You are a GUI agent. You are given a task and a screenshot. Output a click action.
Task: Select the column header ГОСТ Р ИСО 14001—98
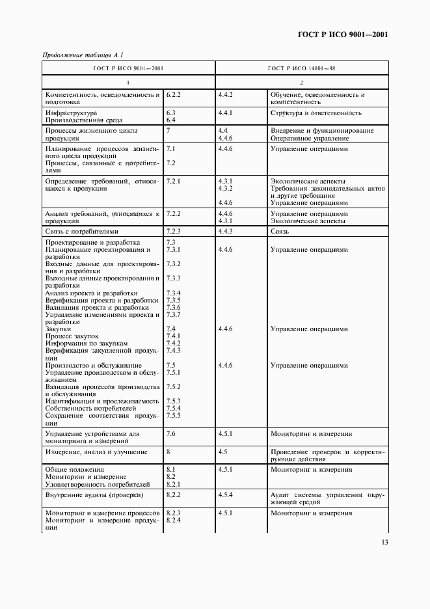coord(301,67)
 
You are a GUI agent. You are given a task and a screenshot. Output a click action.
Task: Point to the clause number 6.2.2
coord(173,94)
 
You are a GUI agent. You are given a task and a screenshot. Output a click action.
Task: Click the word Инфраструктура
coord(70,113)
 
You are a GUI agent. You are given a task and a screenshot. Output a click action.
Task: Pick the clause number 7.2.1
coord(173,181)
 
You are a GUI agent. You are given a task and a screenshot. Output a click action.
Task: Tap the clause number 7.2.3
coord(173,231)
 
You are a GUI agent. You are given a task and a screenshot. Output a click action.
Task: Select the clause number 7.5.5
coord(173,415)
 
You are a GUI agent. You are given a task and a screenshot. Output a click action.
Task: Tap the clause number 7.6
coord(171,433)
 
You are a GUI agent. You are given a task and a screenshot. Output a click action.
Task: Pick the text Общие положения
coord(74,469)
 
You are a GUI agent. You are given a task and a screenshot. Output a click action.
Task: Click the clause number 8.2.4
coord(173,521)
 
